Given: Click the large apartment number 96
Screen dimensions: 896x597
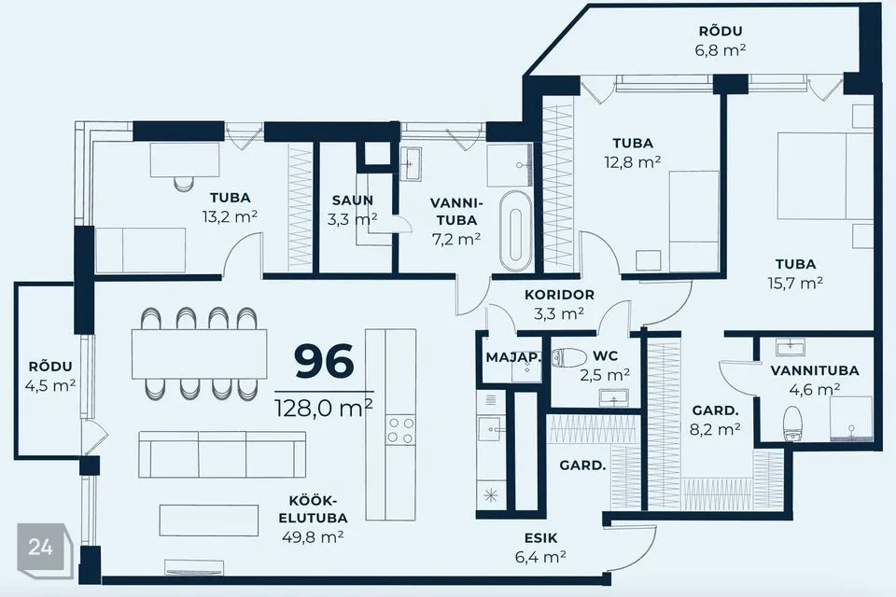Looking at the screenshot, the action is tap(324, 362).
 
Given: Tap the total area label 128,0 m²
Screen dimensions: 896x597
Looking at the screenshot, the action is tap(324, 408).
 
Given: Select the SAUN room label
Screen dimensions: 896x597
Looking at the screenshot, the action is tap(353, 201).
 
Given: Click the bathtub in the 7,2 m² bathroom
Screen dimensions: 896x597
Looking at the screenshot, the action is tap(515, 230).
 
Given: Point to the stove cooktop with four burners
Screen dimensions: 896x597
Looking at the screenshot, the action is tap(400, 431).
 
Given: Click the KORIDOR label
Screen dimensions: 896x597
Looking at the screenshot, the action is tap(559, 295).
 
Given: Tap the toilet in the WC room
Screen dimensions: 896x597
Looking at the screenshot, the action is tap(569, 357).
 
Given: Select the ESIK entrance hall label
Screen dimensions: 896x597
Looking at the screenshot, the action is tap(540, 538).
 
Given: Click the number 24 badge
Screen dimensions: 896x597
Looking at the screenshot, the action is tap(41, 548).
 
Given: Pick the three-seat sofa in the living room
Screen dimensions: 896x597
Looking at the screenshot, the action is tap(222, 454).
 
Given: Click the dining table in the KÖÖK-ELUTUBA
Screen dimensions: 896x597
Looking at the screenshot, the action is tap(200, 354).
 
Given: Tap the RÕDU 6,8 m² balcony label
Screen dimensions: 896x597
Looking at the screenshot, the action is tap(721, 40).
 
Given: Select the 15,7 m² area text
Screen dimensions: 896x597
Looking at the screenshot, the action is tap(795, 283).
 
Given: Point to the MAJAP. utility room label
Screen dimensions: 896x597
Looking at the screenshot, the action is tap(513, 357).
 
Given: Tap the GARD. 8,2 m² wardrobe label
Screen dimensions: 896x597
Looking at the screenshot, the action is tap(715, 420).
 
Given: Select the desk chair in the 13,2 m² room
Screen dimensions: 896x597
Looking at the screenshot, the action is tap(184, 183).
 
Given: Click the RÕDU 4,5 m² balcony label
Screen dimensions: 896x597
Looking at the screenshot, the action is tap(50, 376).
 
